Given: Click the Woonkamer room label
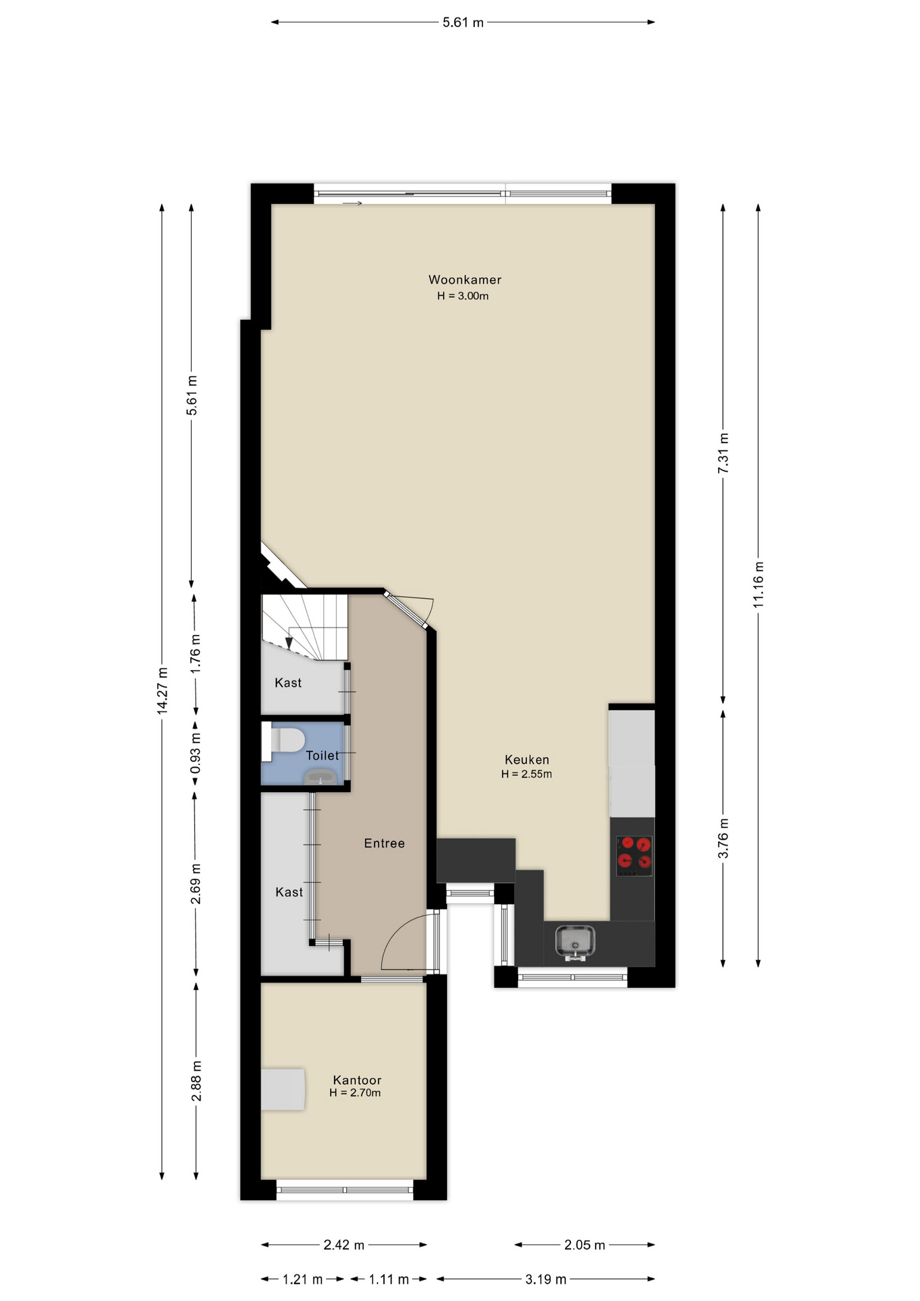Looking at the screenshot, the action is coord(465,279).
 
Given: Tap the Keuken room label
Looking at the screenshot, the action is coord(526,760).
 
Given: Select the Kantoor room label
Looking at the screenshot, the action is coord(357,1080).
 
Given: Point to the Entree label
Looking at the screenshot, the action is coord(384,843).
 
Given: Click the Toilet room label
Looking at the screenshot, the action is coord(322,755).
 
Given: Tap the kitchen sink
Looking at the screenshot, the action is coord(575,942).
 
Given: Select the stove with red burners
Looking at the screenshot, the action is coord(634,855).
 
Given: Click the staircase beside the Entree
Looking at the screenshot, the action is coord(305,627).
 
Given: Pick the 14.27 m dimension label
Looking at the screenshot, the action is coord(162,690).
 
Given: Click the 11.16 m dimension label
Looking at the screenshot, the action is coord(759,584).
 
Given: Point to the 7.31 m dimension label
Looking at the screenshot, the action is coord(724,453).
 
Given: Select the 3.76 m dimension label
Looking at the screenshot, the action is coord(724,838).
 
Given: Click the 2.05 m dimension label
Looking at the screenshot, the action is coord(585,1245).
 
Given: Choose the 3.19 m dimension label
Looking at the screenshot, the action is coord(545,1279).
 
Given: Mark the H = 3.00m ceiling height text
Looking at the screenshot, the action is coord(463,295).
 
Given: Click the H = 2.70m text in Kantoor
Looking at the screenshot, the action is coord(355,1092).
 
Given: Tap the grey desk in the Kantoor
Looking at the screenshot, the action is coord(283,1089).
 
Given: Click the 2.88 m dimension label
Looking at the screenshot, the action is coord(196,1081).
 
